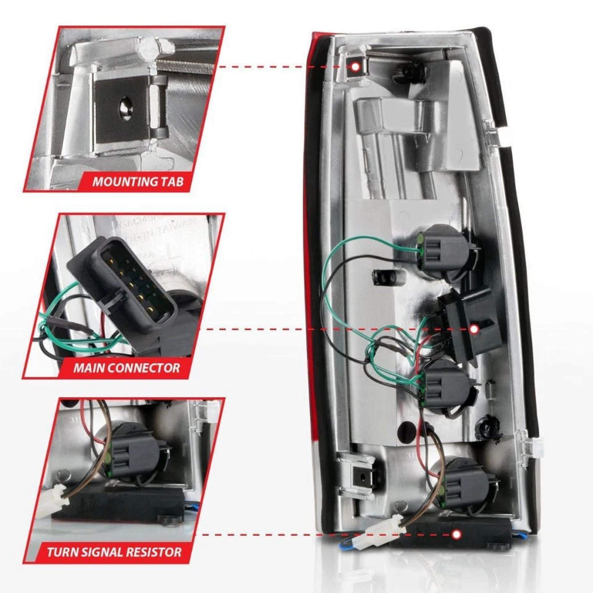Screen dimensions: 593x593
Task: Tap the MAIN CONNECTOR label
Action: click(x=127, y=368)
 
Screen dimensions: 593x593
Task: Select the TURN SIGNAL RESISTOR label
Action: click(x=114, y=552)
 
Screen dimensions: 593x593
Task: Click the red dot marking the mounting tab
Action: click(x=356, y=67)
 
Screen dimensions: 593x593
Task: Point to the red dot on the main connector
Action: click(x=474, y=329)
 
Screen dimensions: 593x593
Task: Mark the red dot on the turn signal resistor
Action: click(x=457, y=534)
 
